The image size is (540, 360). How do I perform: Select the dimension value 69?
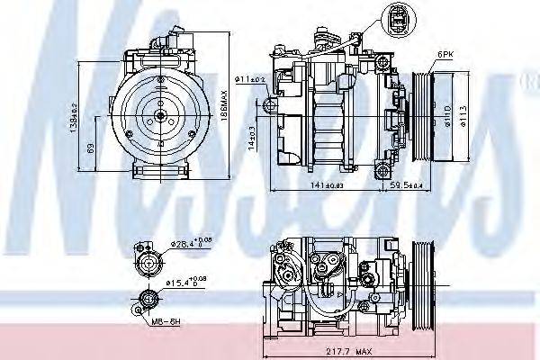click(91, 148)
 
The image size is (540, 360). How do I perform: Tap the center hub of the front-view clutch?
click(158, 114)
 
